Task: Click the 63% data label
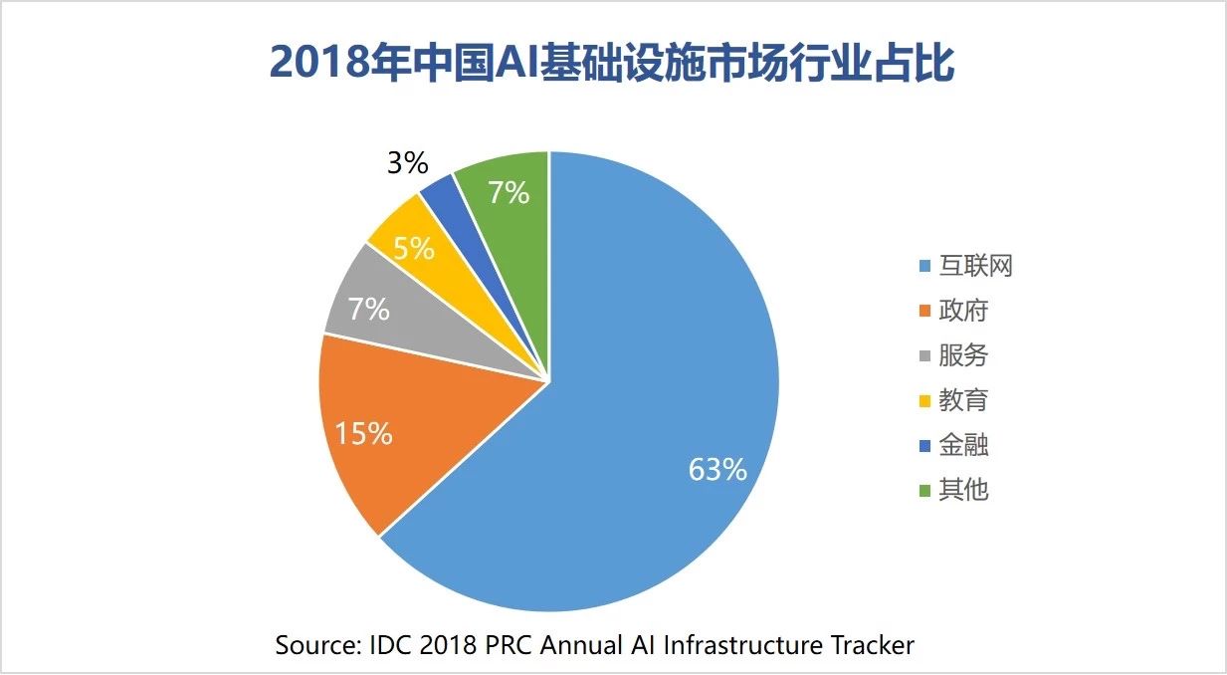coord(717,470)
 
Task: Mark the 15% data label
coord(362,434)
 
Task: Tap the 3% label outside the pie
coord(407,163)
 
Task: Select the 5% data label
coord(412,248)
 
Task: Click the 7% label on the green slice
coord(508,193)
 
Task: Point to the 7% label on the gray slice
coord(368,310)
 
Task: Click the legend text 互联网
coord(975,267)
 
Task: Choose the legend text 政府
coord(963,311)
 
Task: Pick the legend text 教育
coord(963,400)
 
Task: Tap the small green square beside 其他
coord(924,490)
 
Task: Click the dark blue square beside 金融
coord(924,445)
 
